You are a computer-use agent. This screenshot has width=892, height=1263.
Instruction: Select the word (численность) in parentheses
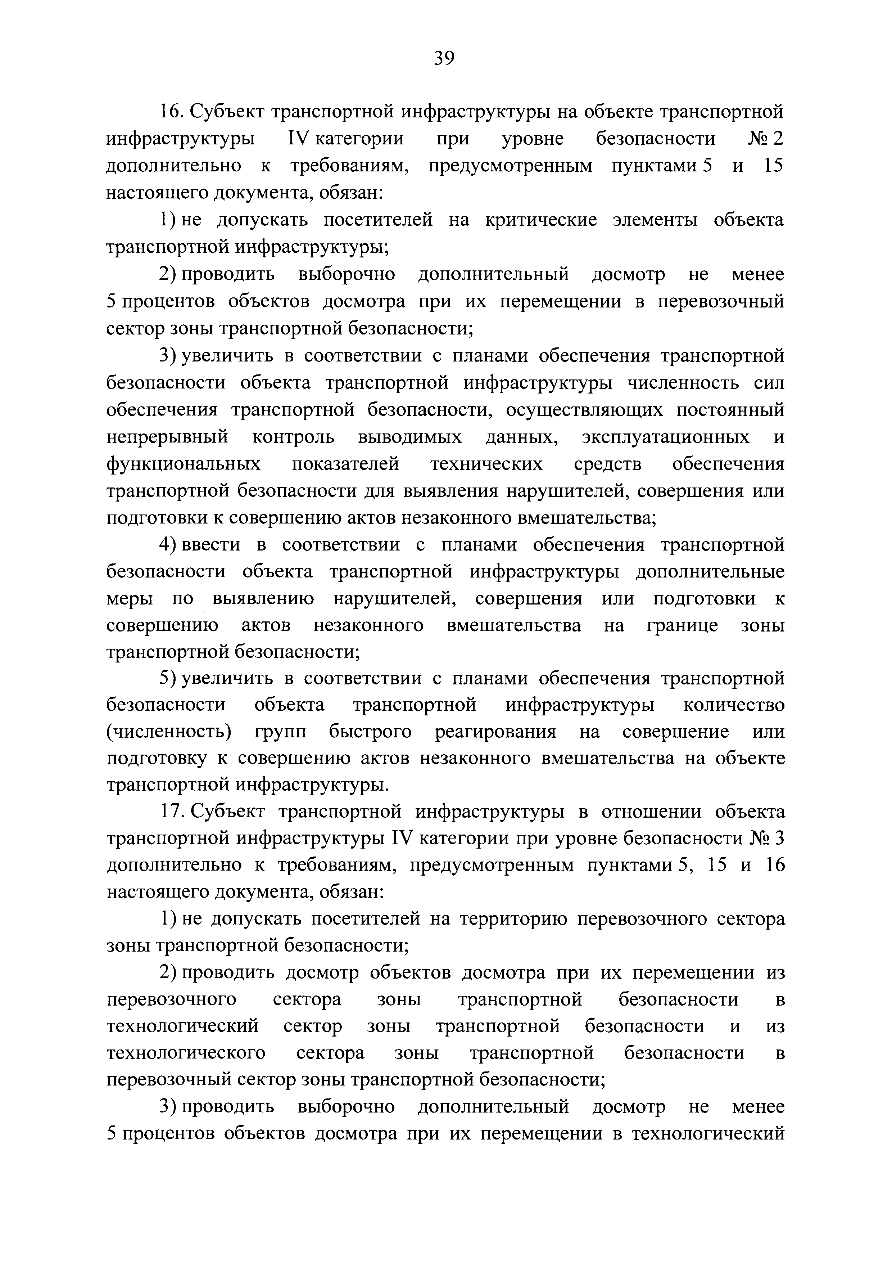[x=168, y=732]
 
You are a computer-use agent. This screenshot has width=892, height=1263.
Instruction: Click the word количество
[x=734, y=705]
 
